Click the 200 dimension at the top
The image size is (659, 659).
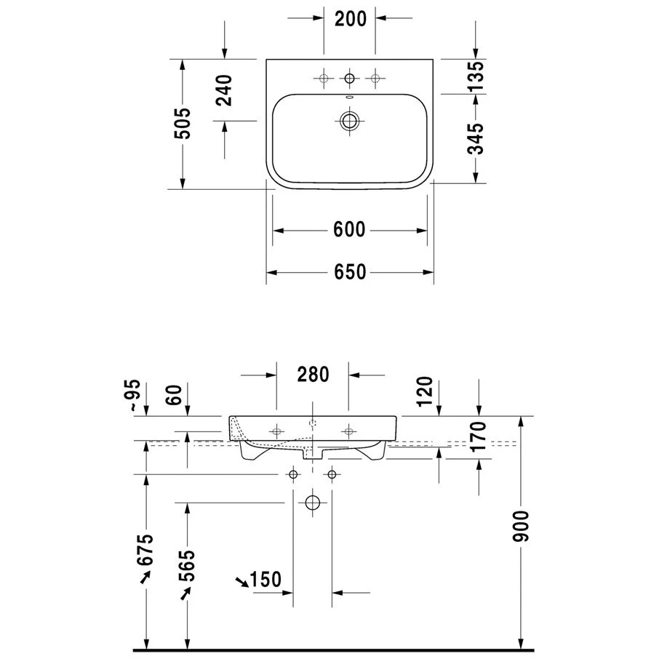point(350,20)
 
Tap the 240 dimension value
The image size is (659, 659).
point(225,90)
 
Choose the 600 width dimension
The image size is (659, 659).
point(349,230)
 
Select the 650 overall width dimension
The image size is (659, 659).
point(349,272)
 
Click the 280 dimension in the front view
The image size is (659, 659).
point(313,375)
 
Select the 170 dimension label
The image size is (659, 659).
point(478,436)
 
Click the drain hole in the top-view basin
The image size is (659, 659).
point(350,121)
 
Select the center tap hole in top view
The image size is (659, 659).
point(350,78)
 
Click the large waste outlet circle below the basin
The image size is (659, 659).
point(313,502)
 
